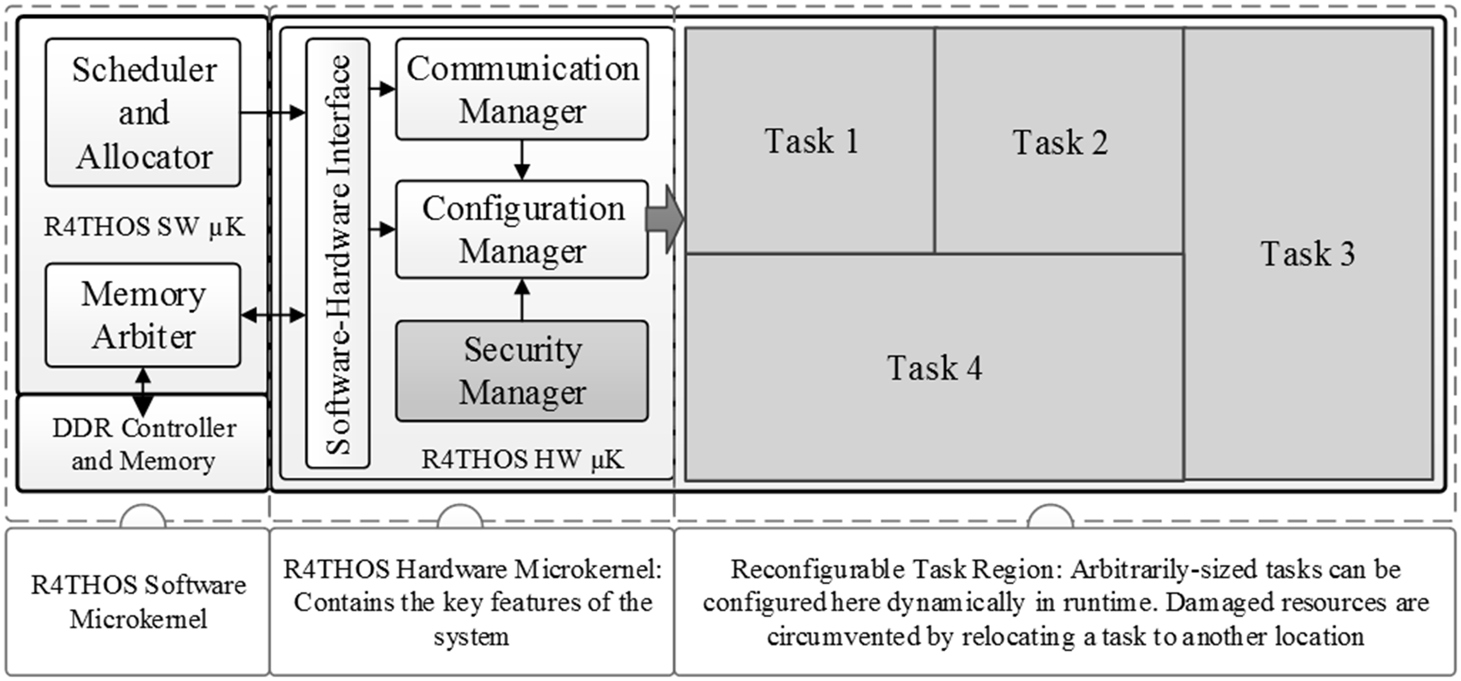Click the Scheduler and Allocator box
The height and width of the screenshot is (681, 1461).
click(143, 112)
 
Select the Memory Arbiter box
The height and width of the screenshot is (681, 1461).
click(143, 315)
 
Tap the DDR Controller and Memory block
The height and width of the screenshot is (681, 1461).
click(143, 444)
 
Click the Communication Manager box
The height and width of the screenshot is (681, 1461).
click(522, 89)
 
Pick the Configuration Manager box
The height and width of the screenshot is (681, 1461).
click(522, 229)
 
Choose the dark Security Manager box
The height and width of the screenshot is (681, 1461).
click(522, 371)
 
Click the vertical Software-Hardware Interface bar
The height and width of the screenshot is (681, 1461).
click(338, 254)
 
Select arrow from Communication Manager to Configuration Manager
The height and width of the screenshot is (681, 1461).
click(522, 160)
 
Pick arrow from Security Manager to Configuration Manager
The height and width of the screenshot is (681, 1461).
click(522, 300)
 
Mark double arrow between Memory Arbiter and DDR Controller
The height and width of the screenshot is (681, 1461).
click(143, 391)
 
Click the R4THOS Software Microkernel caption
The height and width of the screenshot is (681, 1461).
click(138, 601)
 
